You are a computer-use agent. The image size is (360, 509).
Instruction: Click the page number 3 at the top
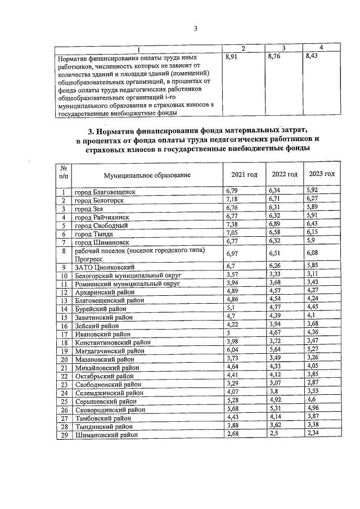coord(196,29)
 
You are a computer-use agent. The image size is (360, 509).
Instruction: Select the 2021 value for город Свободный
coord(232,225)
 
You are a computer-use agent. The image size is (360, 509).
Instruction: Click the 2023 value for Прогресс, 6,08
coord(313,254)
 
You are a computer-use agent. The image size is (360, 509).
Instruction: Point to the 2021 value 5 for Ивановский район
coord(227,333)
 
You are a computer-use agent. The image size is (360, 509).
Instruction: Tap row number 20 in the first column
coord(65,359)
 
